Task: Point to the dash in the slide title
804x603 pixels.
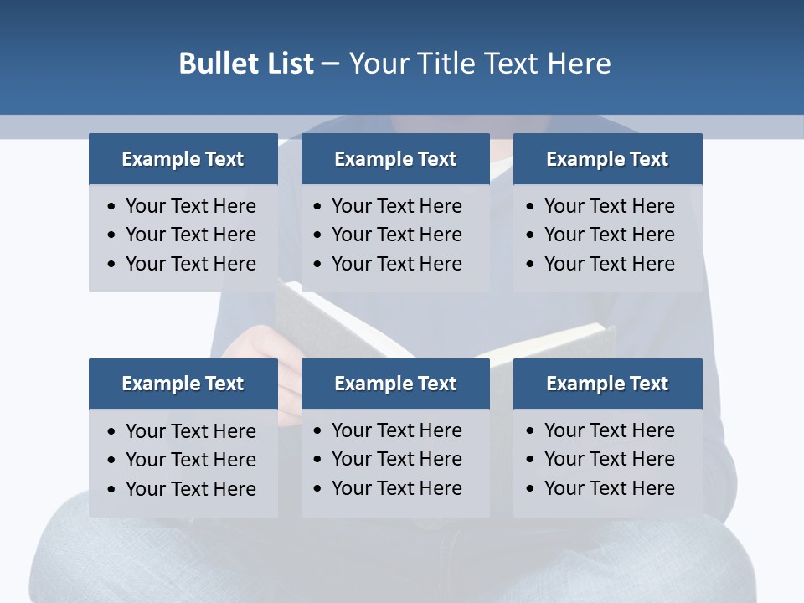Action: point(330,64)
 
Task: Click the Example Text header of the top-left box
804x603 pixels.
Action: point(183,159)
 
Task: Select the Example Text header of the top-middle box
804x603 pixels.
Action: point(395,159)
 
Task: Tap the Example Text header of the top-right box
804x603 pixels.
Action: point(607,159)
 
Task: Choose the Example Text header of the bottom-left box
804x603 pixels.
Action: point(183,384)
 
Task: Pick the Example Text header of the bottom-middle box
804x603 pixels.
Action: point(395,384)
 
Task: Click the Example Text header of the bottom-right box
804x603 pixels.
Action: point(607,384)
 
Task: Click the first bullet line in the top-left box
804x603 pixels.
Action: point(190,206)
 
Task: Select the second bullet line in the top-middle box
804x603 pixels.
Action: point(396,234)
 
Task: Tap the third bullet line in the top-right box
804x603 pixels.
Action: point(609,264)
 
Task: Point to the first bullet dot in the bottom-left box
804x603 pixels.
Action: point(112,431)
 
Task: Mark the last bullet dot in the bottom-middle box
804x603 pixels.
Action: point(318,488)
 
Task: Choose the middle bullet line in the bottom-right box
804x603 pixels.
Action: point(609,459)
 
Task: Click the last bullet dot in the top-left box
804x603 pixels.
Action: point(112,264)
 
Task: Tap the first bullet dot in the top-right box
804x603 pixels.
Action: point(531,206)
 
